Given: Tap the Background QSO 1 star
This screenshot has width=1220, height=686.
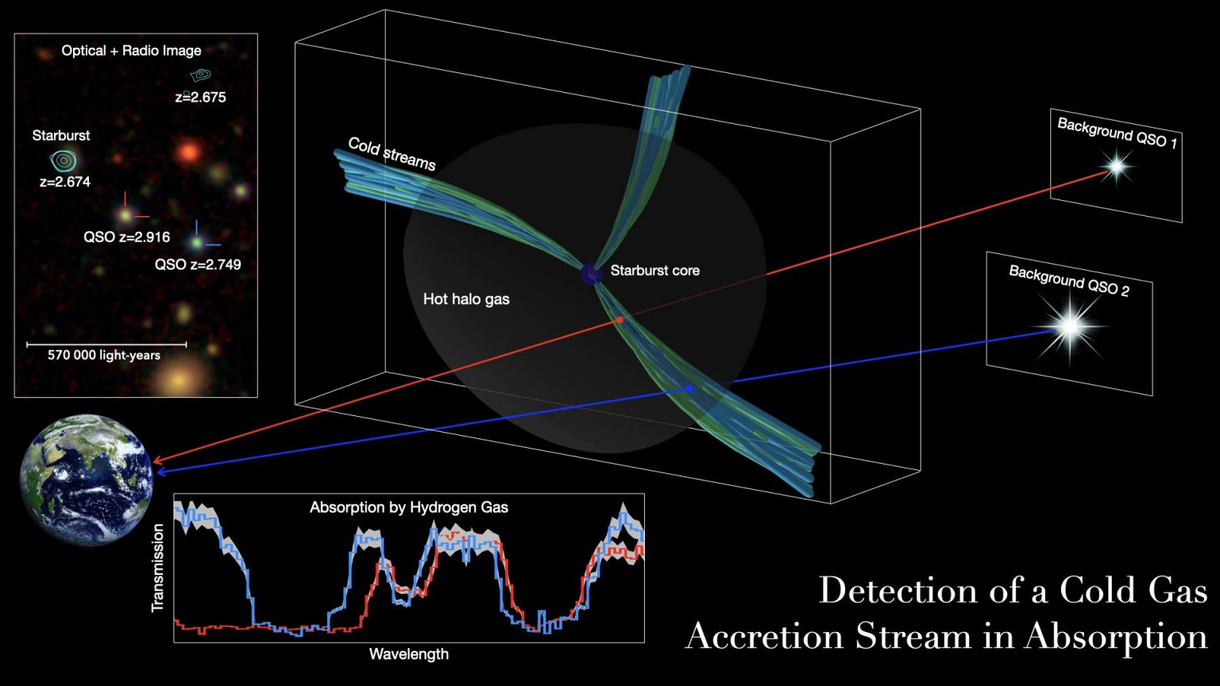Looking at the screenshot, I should [x=1116, y=167].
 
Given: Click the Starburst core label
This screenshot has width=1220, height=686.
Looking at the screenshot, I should [x=654, y=271].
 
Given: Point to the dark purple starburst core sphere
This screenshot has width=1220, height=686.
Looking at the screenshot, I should [x=591, y=274].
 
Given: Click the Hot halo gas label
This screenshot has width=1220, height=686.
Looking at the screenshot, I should [x=466, y=299].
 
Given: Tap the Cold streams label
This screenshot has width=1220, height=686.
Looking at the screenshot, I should [x=392, y=153].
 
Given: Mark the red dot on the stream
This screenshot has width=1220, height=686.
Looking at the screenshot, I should [x=620, y=319].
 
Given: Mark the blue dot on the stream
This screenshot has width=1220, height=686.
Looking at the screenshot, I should [x=689, y=388].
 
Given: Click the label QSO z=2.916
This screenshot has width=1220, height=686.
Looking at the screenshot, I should [x=127, y=237].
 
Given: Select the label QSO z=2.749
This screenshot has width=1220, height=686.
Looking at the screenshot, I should [x=198, y=264].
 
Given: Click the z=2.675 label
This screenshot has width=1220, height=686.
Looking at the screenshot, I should [x=200, y=98].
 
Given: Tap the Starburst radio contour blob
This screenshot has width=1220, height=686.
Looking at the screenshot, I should [x=64, y=161].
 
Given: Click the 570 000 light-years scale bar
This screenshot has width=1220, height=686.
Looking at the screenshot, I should [x=106, y=345].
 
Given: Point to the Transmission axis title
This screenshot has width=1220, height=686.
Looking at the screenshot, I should [x=157, y=567].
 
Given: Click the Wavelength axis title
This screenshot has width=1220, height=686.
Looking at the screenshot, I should [x=408, y=654].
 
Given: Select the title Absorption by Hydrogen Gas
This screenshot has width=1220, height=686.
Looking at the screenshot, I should [x=408, y=507].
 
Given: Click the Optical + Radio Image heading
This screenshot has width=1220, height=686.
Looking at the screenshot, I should [x=131, y=51].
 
